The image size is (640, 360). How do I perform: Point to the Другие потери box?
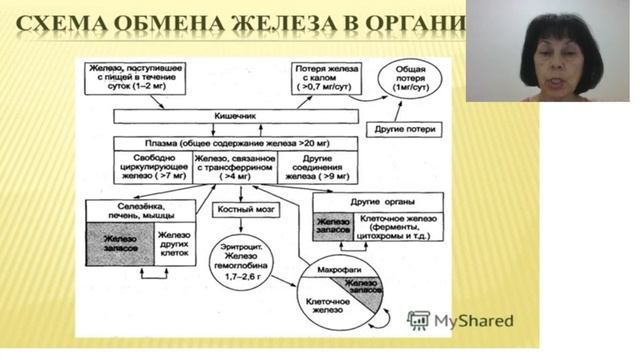coord(403,128)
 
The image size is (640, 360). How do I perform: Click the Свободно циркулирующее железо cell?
coord(145,166)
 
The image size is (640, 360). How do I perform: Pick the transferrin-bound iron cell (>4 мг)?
coord(241,166)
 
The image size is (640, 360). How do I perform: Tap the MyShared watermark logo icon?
coord(419,320)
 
